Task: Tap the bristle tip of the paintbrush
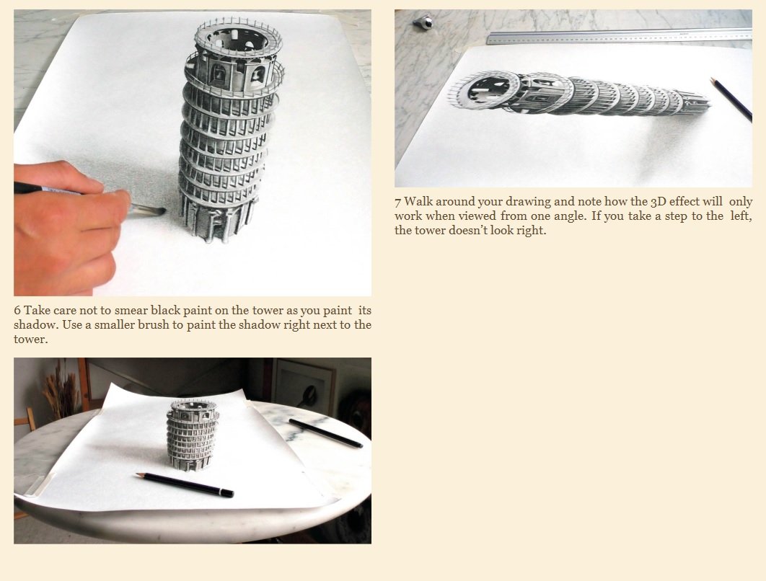(163, 211)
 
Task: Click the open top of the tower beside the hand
(238, 40)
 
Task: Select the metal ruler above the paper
(619, 37)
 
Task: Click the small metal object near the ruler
(423, 22)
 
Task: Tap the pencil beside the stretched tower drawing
(731, 99)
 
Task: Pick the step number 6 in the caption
(17, 311)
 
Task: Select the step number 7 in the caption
(397, 202)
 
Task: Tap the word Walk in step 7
(418, 202)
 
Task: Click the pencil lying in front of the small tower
(185, 485)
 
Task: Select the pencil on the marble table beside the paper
(325, 433)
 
